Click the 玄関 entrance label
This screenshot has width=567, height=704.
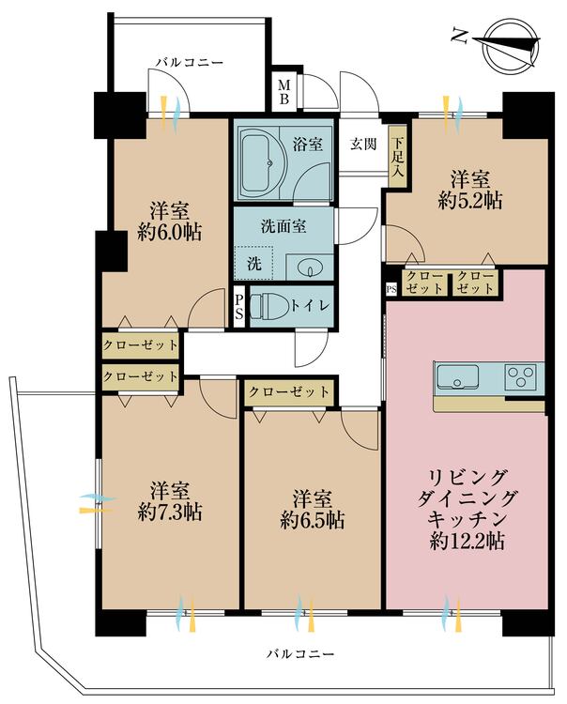pyautogui.click(x=364, y=145)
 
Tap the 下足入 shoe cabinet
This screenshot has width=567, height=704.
pyautogui.click(x=397, y=154)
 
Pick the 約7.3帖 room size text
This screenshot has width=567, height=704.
pyautogui.click(x=169, y=512)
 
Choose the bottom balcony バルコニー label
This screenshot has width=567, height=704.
pyautogui.click(x=299, y=652)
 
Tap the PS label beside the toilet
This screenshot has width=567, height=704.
pyautogui.click(x=239, y=306)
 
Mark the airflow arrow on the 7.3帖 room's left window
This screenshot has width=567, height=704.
pyautogui.click(x=91, y=504)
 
